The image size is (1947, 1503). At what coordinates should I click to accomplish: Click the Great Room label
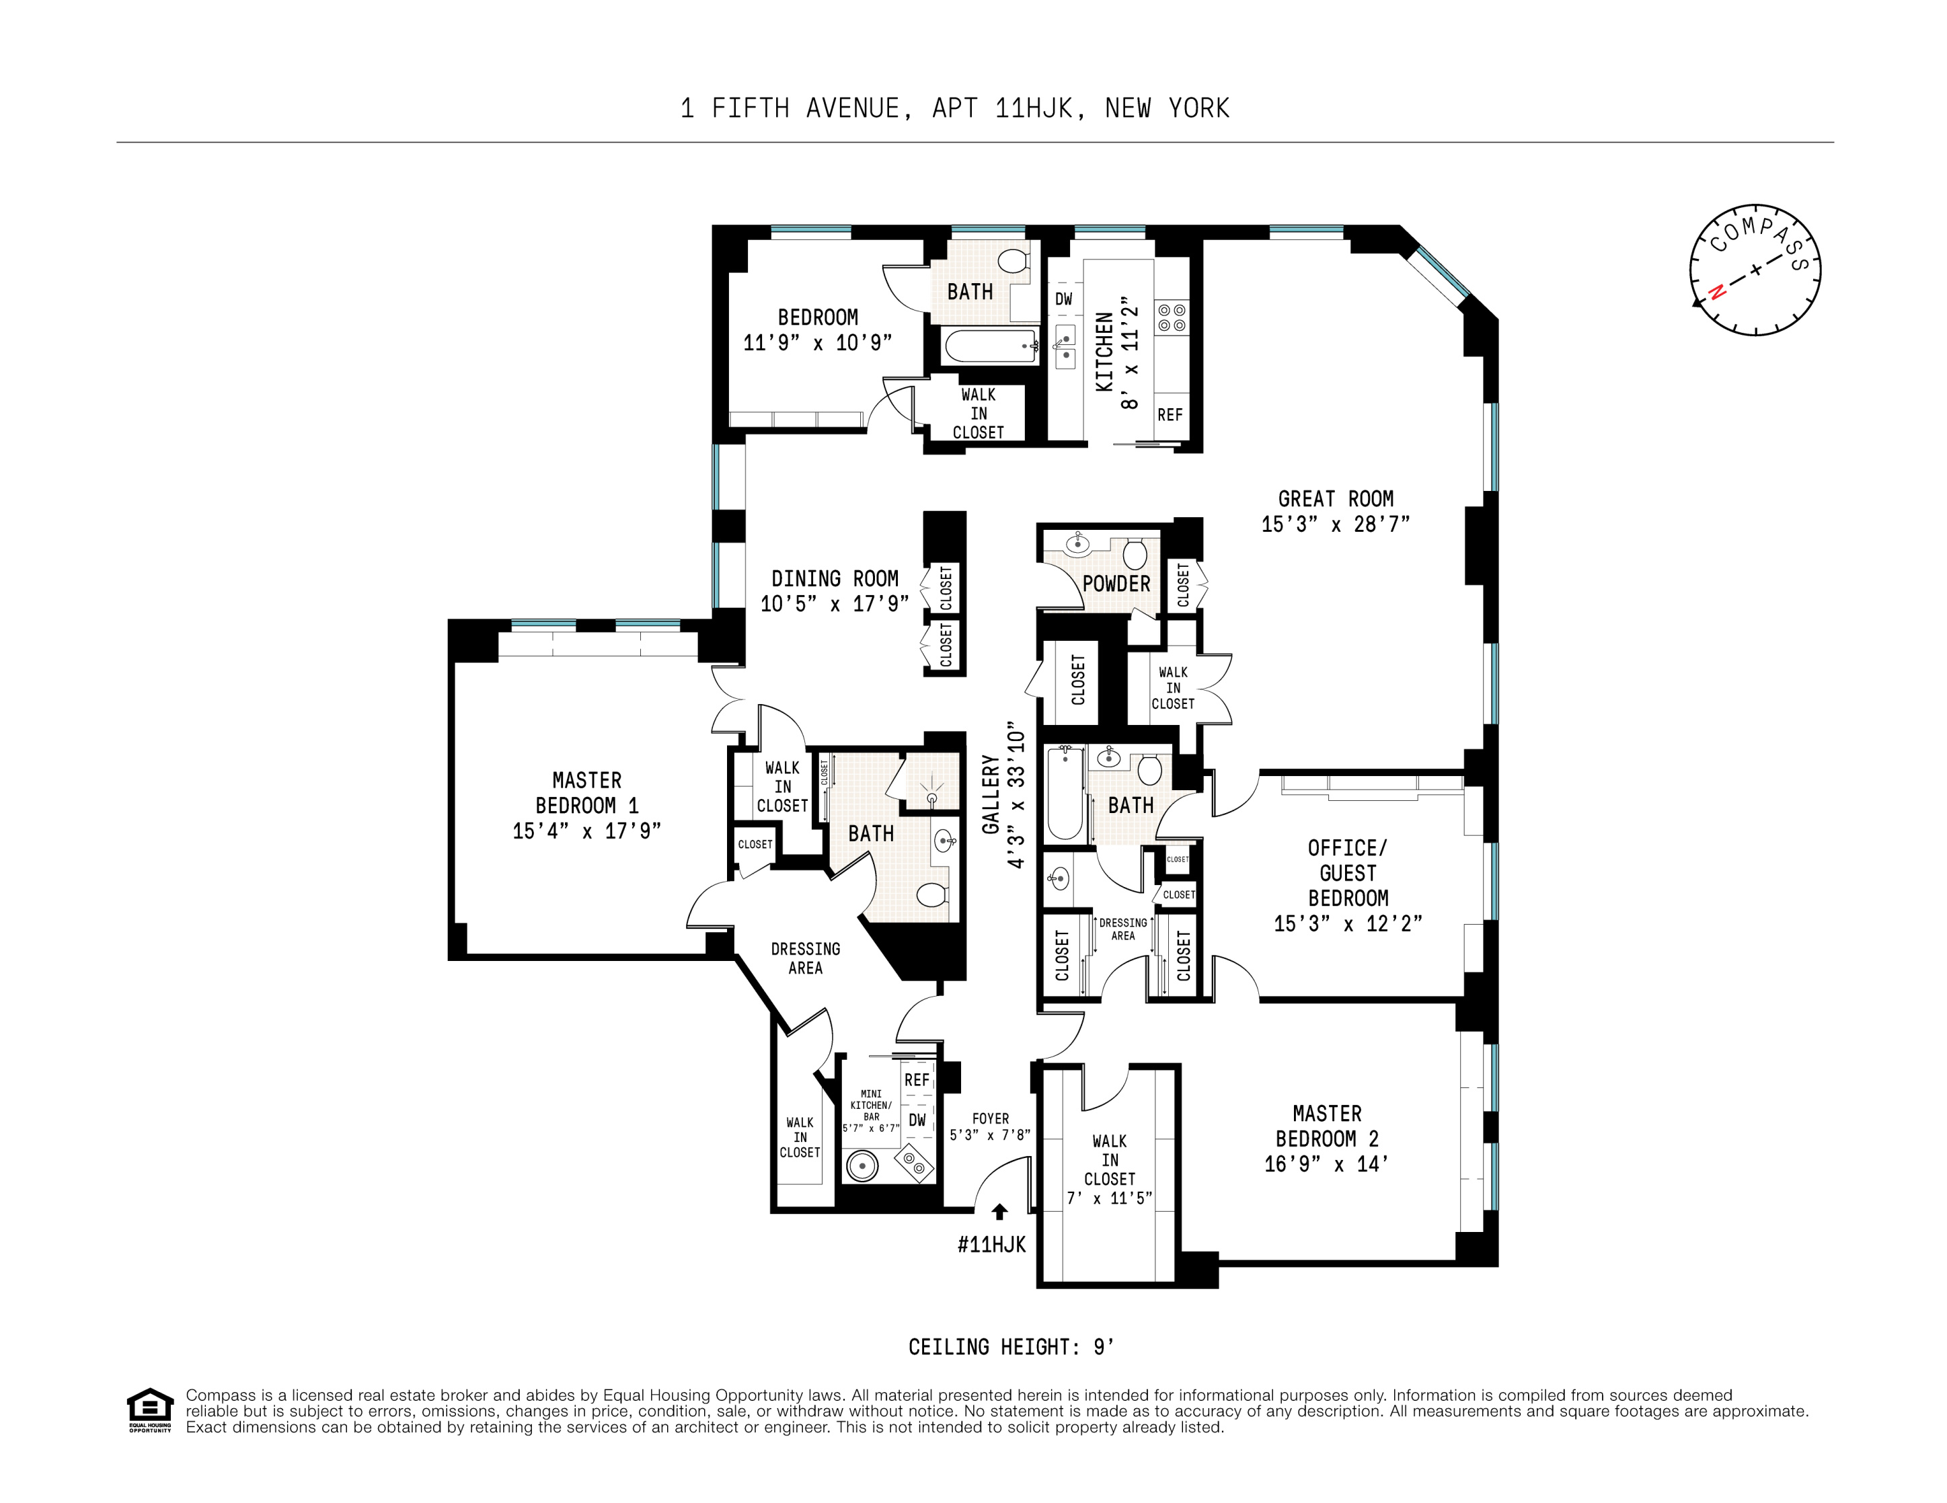pyautogui.click(x=1334, y=499)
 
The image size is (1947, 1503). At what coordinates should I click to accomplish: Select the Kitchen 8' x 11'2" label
pyautogui.click(x=1116, y=352)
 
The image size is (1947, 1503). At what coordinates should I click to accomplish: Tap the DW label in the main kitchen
pyautogui.click(x=1063, y=299)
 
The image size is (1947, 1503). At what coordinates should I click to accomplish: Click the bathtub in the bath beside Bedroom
pyautogui.click(x=989, y=346)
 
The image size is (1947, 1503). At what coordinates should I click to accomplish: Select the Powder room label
pyautogui.click(x=1116, y=584)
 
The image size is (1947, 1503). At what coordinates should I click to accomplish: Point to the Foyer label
pyautogui.click(x=991, y=1119)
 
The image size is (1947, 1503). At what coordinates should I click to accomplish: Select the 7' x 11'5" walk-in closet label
pyautogui.click(x=1109, y=1199)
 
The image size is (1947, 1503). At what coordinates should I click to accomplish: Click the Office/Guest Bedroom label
pyautogui.click(x=1347, y=873)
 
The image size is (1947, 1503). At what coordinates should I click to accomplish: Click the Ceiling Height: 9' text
pyautogui.click(x=1011, y=1347)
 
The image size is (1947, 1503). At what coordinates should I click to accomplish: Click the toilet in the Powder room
pyautogui.click(x=1135, y=553)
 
